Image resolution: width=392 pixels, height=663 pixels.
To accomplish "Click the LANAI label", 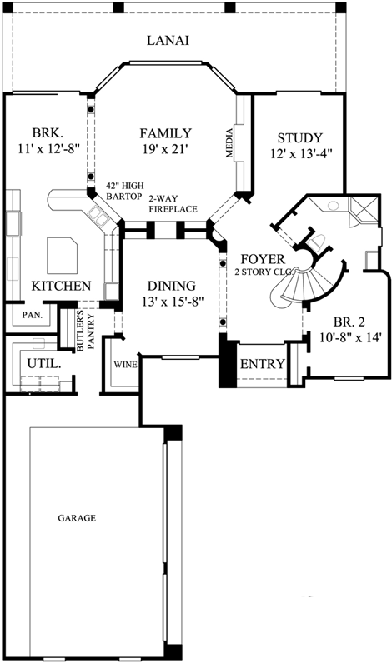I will coord(168,40).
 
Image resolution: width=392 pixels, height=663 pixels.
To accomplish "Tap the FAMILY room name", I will coord(165,133).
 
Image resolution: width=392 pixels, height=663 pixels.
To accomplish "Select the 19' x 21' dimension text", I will coord(165,150).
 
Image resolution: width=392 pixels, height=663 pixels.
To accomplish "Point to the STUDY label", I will coord(299,137).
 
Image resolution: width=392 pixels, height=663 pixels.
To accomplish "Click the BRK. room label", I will coord(47,132).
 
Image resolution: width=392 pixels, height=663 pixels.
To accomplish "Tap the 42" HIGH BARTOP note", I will coord(123,191).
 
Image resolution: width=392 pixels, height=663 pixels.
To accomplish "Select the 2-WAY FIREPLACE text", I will coord(173,205).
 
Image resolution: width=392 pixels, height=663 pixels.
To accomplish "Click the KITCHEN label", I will coord(61,286).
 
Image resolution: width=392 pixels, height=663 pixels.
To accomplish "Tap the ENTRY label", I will coord(262,364).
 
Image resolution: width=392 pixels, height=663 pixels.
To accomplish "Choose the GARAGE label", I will coord(76,518).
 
